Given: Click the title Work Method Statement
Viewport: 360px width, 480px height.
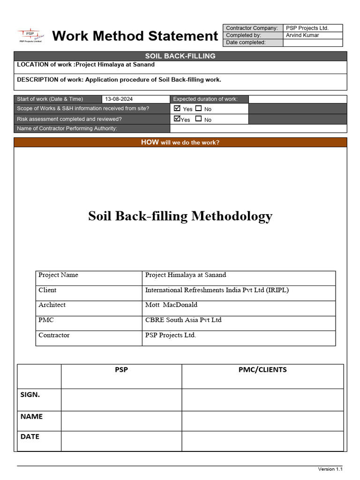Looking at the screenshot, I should (x=135, y=36).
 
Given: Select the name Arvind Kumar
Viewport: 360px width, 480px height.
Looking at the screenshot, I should (x=302, y=35).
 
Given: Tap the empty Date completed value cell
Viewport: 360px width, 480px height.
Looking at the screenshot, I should (x=313, y=43).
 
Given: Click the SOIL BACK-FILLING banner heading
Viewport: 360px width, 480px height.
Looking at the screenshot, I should (x=180, y=56).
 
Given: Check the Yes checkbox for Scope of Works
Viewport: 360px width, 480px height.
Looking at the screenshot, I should (x=177, y=108).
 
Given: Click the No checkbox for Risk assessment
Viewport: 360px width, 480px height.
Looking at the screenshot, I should (x=199, y=119).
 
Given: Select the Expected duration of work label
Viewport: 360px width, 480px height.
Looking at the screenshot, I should (x=205, y=99).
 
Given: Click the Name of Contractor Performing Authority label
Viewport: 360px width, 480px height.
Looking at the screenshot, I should (x=67, y=128).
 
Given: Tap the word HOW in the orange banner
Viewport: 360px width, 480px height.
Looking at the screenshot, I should (x=150, y=142).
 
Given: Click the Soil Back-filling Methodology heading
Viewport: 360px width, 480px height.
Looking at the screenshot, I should (x=180, y=216).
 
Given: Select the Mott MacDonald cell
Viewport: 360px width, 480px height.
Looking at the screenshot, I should (x=171, y=305).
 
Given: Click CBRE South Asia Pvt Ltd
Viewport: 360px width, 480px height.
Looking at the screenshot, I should (x=183, y=320).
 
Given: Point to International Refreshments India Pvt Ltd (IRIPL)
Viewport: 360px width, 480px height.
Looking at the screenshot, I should (x=217, y=290).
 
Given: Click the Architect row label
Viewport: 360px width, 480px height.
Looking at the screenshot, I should (x=52, y=305).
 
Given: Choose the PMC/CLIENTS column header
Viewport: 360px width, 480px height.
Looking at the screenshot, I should (x=262, y=369).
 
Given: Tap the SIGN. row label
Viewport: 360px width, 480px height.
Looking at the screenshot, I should (x=30, y=395).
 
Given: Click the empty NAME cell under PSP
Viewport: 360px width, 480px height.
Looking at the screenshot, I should (x=121, y=421).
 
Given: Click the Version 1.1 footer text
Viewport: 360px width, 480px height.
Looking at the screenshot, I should (x=330, y=469).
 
